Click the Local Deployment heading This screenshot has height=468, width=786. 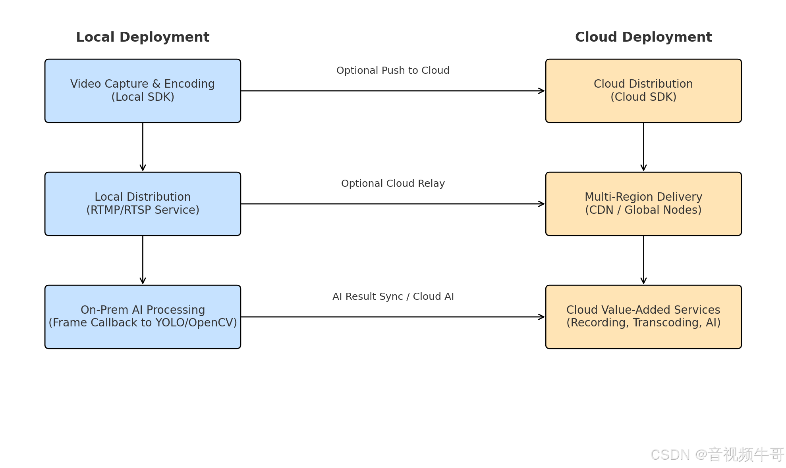(143, 37)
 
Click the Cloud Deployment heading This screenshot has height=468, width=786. (643, 37)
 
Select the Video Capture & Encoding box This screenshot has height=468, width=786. (143, 91)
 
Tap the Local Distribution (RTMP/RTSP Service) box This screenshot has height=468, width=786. (143, 204)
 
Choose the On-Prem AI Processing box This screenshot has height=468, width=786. (143, 317)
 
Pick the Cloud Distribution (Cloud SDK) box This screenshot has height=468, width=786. (643, 91)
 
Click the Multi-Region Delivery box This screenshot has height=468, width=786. (643, 204)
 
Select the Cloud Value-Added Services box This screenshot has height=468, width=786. (643, 317)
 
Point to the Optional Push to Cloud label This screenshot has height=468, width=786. (393, 71)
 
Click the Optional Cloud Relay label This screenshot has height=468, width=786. (393, 184)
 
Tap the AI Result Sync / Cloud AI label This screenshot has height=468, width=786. (393, 297)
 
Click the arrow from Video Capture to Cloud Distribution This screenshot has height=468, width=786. (393, 91)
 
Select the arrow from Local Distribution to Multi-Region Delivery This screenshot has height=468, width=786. (393, 204)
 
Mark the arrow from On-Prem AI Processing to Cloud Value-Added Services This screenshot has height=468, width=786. (393, 317)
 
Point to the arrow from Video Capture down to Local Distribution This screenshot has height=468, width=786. (143, 147)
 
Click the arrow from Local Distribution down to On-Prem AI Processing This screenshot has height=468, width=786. (143, 260)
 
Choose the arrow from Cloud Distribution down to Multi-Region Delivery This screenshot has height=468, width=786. (643, 147)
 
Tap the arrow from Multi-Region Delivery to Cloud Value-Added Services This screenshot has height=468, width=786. (643, 260)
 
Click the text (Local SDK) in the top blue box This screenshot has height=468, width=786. (143, 97)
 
